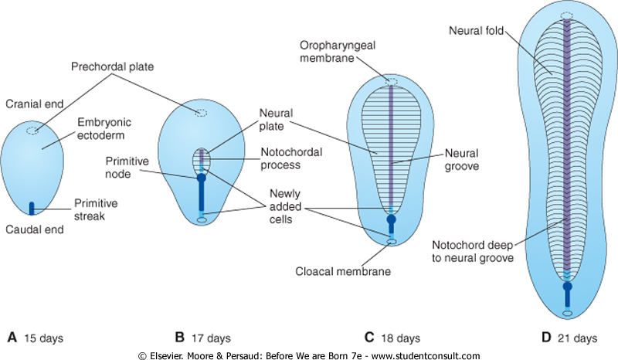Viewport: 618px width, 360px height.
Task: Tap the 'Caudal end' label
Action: [x=29, y=229]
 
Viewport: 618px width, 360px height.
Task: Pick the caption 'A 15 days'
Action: [x=35, y=338]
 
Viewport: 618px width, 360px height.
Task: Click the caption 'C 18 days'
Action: [x=392, y=338]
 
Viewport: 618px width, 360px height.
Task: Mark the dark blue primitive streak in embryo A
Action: [x=32, y=207]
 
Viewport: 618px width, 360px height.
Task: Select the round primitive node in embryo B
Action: [x=202, y=178]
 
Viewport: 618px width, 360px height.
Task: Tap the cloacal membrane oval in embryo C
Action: [x=391, y=242]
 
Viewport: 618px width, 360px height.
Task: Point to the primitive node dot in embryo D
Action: [x=567, y=287]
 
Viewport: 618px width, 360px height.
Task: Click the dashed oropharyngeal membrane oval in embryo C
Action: [x=391, y=82]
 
